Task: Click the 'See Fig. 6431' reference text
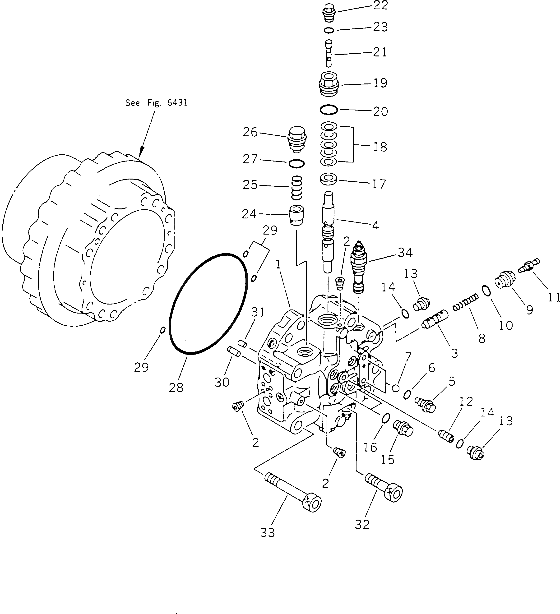tap(156, 103)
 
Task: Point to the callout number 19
tap(380, 83)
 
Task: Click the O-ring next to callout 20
tap(329, 110)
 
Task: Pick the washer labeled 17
tap(329, 179)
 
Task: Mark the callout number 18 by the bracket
tap(380, 147)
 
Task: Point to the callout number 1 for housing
tap(278, 265)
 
